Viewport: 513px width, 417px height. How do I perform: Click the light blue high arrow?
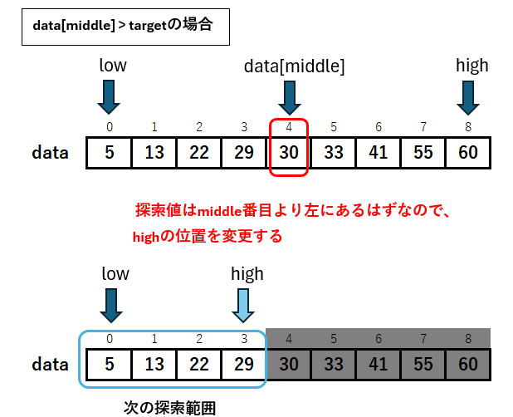click(243, 306)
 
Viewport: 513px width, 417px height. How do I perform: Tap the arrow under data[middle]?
click(290, 98)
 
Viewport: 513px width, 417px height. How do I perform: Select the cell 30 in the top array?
click(289, 153)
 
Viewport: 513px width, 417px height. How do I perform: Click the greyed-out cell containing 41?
click(379, 365)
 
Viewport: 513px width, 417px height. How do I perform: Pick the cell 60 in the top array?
click(468, 153)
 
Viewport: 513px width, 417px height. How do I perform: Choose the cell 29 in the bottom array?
click(244, 365)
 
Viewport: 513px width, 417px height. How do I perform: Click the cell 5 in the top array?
click(109, 153)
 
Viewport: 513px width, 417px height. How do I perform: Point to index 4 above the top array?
click(289, 126)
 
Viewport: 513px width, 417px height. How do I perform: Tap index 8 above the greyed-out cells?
click(468, 338)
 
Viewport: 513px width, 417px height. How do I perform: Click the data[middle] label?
click(295, 66)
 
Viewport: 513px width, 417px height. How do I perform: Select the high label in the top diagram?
click(472, 65)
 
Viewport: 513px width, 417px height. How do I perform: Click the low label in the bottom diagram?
click(115, 273)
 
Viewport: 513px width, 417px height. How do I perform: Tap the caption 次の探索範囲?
click(170, 408)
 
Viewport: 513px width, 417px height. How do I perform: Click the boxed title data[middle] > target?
click(123, 25)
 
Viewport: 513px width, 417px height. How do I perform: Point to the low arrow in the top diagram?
click(109, 97)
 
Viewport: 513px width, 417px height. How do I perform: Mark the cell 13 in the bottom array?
click(154, 365)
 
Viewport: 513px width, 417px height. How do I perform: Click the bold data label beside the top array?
click(50, 153)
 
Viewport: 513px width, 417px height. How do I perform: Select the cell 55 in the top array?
click(423, 153)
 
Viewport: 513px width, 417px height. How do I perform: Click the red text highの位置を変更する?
click(208, 236)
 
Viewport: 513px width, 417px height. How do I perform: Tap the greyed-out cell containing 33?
click(334, 365)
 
